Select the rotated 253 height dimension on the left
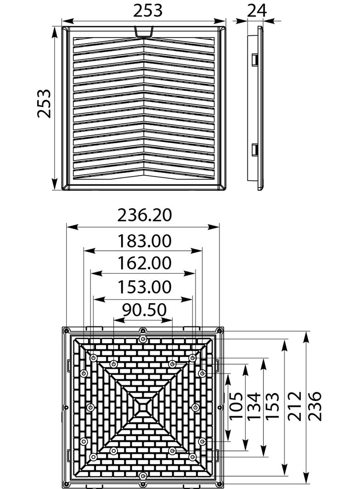click(x=45, y=104)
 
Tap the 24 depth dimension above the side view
click(x=257, y=10)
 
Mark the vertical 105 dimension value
click(x=236, y=406)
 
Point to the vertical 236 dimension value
click(x=315, y=406)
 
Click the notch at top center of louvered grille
click(x=144, y=31)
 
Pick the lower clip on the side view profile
click(x=254, y=150)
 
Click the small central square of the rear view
click(x=143, y=406)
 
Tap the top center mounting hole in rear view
click(x=143, y=339)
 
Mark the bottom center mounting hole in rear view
click(x=143, y=476)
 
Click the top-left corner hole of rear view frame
click(x=66, y=330)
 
